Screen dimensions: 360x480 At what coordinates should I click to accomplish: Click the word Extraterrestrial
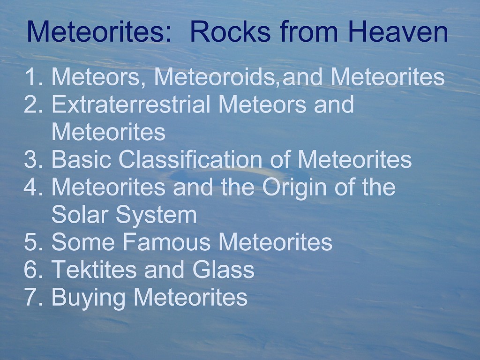pos(131,105)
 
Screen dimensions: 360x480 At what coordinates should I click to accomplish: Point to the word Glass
pos(223,270)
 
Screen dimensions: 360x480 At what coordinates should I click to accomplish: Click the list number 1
pos(33,77)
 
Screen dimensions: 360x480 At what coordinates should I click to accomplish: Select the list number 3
pos(33,159)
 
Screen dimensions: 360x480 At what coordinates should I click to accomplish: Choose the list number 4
pos(33,187)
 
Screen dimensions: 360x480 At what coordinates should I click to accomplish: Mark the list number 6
pos(33,270)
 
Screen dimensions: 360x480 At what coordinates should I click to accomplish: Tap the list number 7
pos(33,297)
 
